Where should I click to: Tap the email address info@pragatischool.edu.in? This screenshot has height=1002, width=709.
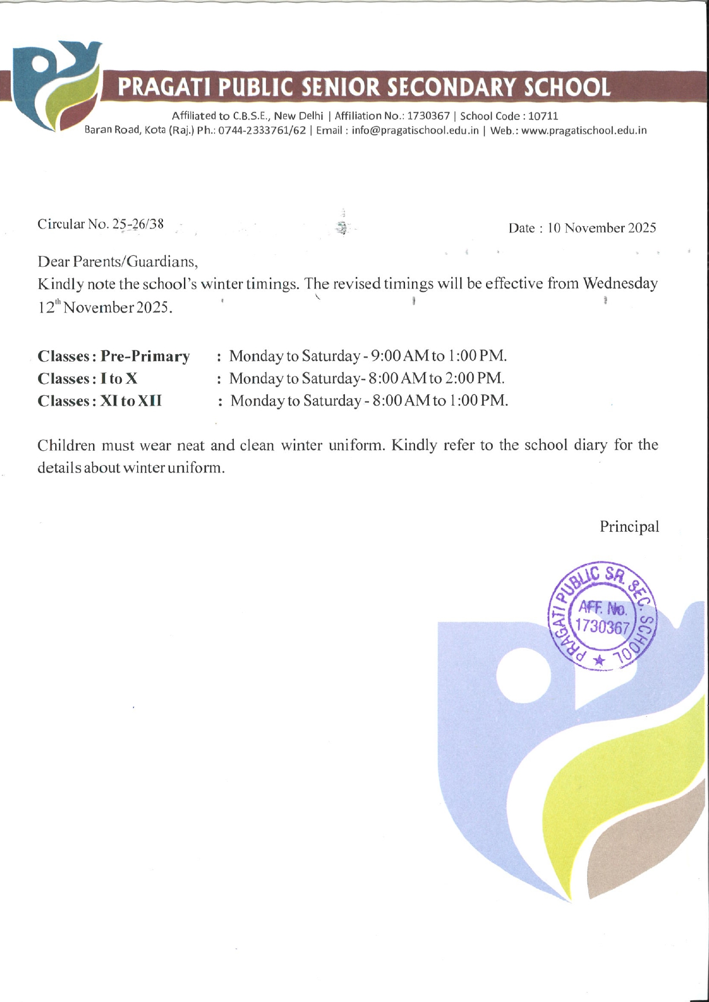(415, 130)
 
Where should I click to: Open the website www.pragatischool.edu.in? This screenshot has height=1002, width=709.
(584, 130)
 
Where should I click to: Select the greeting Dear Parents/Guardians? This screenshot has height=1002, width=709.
(118, 262)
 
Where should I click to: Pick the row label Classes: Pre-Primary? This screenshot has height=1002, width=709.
(113, 356)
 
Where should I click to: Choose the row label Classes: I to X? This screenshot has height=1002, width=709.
(87, 378)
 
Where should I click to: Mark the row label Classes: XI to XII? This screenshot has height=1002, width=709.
(99, 400)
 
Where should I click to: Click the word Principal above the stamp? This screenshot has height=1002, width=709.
(629, 526)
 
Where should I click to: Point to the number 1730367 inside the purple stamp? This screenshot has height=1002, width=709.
(602, 627)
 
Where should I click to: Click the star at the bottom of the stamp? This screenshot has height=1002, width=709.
(599, 660)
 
